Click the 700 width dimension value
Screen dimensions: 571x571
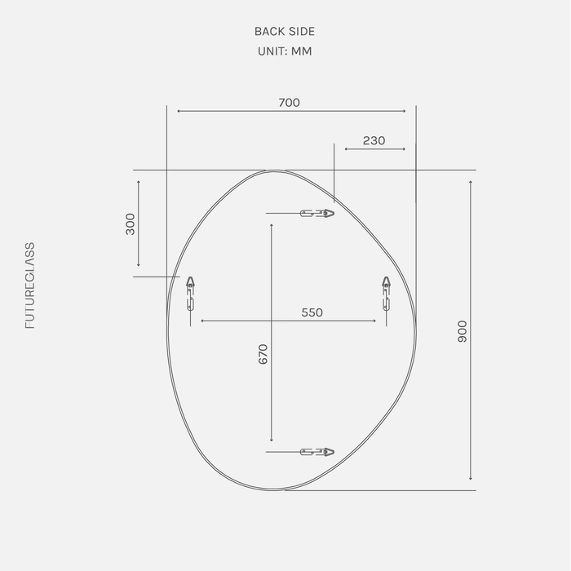click(x=289, y=103)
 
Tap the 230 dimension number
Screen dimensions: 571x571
click(x=374, y=140)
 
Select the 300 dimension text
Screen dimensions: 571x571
click(x=130, y=224)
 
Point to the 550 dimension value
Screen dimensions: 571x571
click(x=312, y=312)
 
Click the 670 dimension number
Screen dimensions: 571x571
click(x=263, y=354)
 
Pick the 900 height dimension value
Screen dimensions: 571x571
click(x=463, y=331)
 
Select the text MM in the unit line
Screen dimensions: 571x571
click(x=302, y=51)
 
